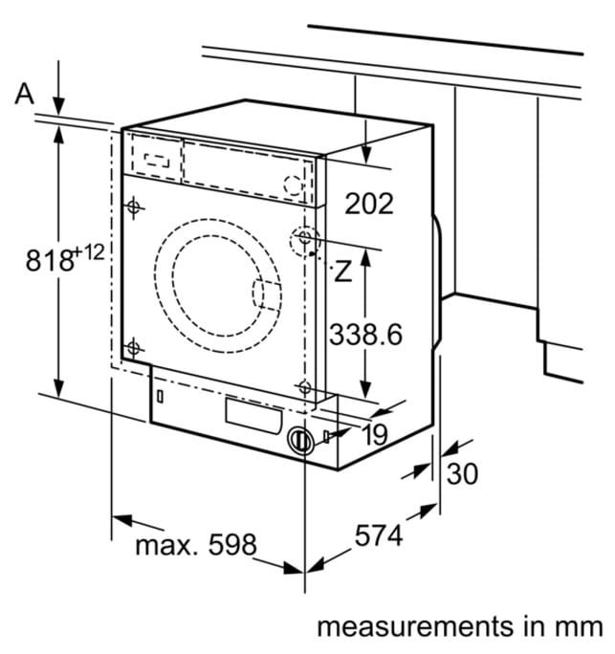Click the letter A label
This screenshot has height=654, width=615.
(x=24, y=94)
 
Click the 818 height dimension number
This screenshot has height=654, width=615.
(x=49, y=260)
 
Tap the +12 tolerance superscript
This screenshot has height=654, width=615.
(x=89, y=251)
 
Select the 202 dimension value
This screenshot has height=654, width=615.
(x=369, y=204)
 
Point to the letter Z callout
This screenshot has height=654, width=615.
(x=343, y=271)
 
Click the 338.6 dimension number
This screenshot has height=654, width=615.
(x=366, y=334)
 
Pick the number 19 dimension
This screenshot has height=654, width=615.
(x=374, y=435)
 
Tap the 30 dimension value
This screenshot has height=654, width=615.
(x=462, y=474)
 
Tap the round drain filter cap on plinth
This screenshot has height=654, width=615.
(x=300, y=441)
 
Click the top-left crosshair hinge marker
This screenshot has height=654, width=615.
(x=134, y=207)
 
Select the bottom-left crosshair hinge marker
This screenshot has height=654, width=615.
(x=134, y=347)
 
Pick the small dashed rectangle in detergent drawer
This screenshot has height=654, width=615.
(x=157, y=160)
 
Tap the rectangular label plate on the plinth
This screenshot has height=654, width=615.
(x=253, y=416)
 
